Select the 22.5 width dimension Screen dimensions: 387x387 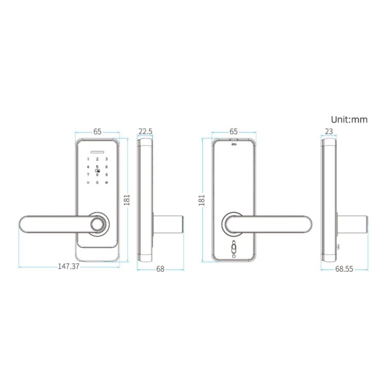pos(146,132)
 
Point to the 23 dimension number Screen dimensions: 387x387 pos(329,132)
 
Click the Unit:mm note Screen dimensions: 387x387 pos(349,120)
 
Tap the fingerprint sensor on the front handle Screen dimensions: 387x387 pos(97,224)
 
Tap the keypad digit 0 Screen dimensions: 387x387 pos(97,183)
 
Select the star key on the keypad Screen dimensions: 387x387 pos(88,183)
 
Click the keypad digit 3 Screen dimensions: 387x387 pos(106,159)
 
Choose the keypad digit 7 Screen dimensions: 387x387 pos(88,174)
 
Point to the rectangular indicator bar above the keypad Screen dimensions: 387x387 pos(97,152)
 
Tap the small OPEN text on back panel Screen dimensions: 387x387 pos(233,146)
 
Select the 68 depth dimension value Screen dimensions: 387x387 pos(160,269)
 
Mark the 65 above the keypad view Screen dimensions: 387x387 pos(97,132)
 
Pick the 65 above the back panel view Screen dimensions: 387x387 pos(233,132)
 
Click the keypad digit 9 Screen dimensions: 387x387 pos(106,174)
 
